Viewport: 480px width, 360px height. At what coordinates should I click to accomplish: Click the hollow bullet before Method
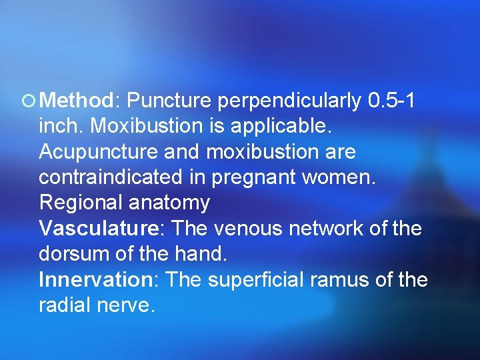pyautogui.click(x=31, y=101)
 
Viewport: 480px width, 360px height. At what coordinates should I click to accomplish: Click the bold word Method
pyautogui.click(x=77, y=101)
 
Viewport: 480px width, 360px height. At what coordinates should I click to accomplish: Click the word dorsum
pyautogui.click(x=74, y=254)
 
